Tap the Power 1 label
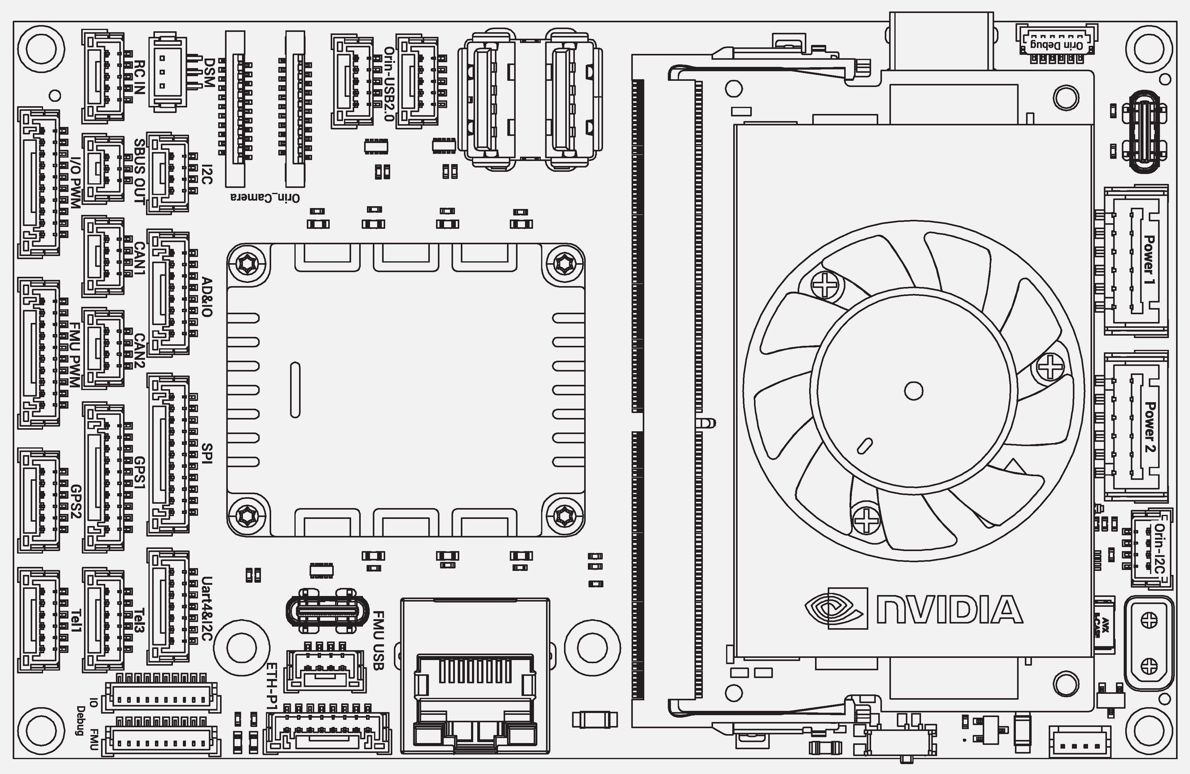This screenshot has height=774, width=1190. pos(1149,261)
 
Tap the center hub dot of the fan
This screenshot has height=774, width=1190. pos(914,391)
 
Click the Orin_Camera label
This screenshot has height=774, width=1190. pos(265,198)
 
